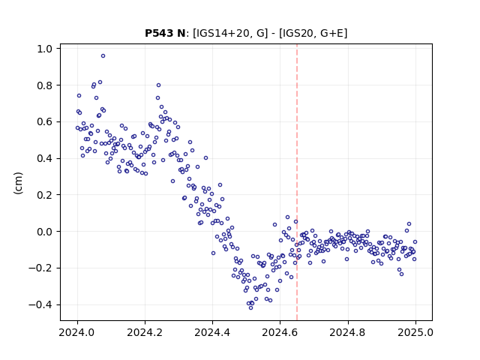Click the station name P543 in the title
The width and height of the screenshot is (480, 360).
pos(158,33)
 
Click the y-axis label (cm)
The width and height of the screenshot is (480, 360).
pos(18,183)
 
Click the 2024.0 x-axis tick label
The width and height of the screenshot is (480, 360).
pos(77,332)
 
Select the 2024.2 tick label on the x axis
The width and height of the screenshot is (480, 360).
pos(145,332)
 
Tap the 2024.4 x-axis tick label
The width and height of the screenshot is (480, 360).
pos(212,332)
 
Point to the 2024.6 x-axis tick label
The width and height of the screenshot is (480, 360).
pos(280,332)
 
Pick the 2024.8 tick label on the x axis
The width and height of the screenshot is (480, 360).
pos(348,332)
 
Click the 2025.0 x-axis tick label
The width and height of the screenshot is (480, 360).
pos(415,332)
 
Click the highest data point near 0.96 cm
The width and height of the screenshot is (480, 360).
pos(103,56)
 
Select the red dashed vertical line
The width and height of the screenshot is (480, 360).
pos(297,182)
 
